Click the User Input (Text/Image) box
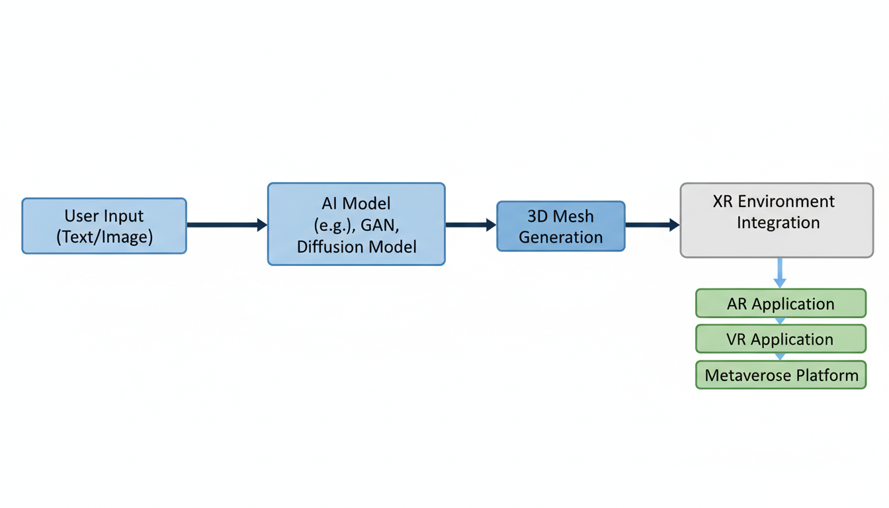pos(105,226)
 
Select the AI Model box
pos(356,224)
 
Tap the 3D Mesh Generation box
pos(560,226)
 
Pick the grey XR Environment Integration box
pos(777,220)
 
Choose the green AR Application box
pos(781,304)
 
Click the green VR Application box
pos(781,339)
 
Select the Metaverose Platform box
pos(781,375)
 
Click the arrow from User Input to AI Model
pos(226,225)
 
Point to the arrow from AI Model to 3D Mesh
pos(470,225)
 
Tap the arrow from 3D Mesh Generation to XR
pos(652,225)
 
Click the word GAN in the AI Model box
pos(380,225)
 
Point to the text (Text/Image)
pos(105,237)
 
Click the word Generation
pos(560,237)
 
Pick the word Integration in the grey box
pos(778,222)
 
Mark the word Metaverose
pos(742,375)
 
